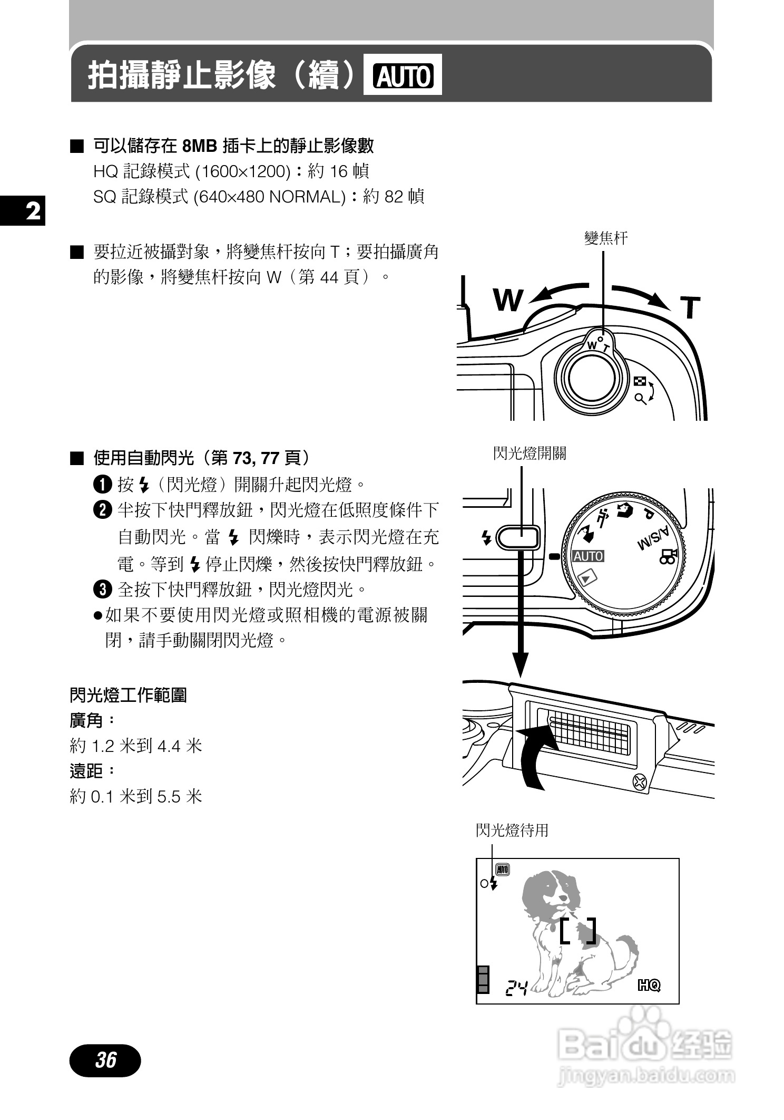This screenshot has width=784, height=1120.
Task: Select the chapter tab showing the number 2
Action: (x=22, y=211)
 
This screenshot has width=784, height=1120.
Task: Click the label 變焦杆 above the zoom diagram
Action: (x=606, y=239)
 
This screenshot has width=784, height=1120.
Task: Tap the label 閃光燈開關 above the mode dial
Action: (x=530, y=453)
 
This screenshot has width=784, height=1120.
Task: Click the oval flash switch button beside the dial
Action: (x=518, y=538)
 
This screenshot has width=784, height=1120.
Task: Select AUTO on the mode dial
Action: (x=588, y=556)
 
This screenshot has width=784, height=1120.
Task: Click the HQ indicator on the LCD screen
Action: (x=649, y=984)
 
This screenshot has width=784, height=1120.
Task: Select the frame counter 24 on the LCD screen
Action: (x=516, y=987)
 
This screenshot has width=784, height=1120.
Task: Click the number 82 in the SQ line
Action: (x=394, y=197)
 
